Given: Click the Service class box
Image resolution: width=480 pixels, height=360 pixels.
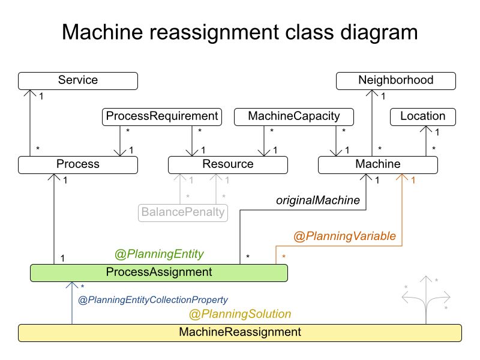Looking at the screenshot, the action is (x=78, y=81).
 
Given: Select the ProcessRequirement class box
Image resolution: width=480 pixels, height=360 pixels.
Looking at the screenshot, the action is (x=161, y=116).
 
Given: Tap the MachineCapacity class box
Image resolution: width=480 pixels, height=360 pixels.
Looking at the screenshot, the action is (x=293, y=116).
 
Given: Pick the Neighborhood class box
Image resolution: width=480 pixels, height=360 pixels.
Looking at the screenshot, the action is (x=396, y=81).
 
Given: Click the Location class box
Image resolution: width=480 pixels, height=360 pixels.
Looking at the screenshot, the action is (x=423, y=116).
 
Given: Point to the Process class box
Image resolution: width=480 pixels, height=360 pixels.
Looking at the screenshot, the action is (x=78, y=165).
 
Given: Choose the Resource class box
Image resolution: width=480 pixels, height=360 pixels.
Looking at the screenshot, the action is (x=228, y=165).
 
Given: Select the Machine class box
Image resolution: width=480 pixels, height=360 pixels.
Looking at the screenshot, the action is (x=378, y=165).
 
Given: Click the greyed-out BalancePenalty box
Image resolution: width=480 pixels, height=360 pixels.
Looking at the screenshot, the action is (x=183, y=213).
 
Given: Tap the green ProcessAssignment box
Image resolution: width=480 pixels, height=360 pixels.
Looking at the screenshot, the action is (x=159, y=273).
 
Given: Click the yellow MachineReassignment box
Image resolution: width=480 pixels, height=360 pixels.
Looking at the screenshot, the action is (x=240, y=333).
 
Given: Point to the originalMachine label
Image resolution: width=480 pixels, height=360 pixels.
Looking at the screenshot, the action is (x=318, y=200).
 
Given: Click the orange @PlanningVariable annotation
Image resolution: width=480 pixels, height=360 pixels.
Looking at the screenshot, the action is (x=344, y=236).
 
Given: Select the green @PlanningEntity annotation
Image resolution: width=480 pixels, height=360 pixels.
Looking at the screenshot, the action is (x=159, y=254).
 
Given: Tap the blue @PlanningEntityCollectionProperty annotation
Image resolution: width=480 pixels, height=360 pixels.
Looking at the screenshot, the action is (x=153, y=299).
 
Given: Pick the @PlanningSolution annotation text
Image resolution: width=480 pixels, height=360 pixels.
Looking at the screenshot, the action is (x=240, y=314).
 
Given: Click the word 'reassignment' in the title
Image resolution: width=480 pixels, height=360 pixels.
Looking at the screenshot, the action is (x=214, y=32).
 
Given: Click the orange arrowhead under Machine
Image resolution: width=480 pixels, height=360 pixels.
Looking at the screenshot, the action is (x=402, y=177).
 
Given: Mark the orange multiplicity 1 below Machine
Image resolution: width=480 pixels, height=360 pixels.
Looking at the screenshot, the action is (x=413, y=181).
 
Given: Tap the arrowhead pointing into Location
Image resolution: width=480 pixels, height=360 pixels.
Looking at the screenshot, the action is (x=426, y=129).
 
